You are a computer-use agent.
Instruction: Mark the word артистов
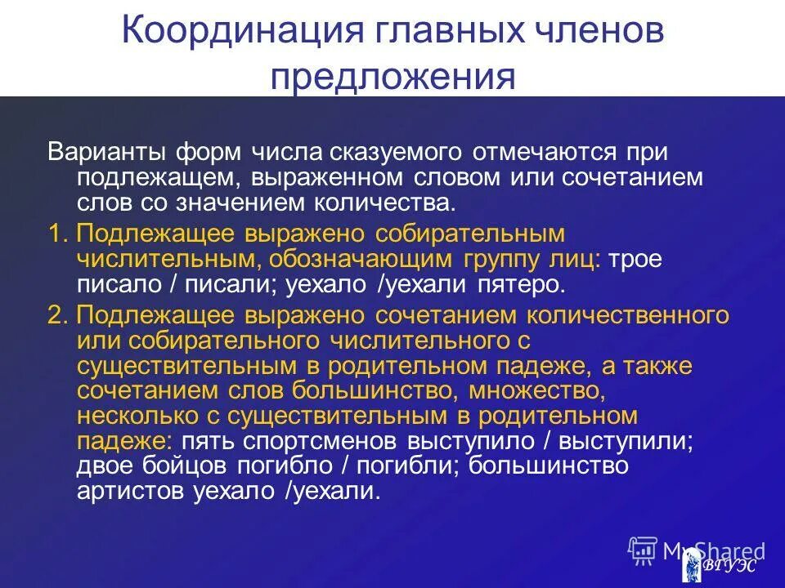(131, 492)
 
